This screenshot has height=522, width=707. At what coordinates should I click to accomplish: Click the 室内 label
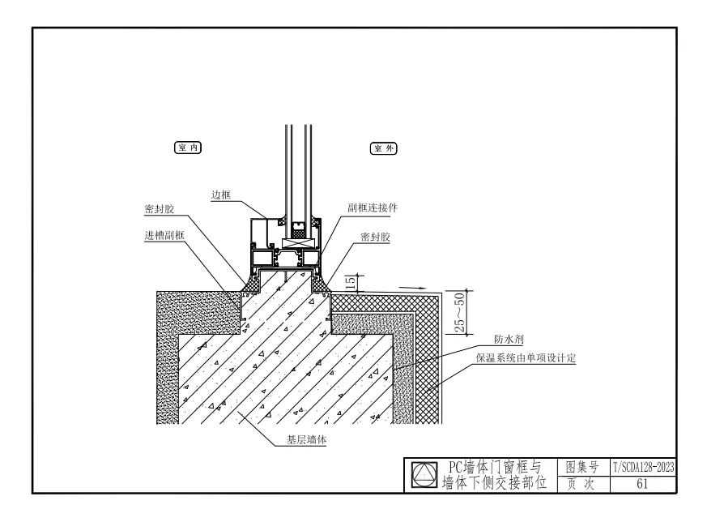[x=187, y=148]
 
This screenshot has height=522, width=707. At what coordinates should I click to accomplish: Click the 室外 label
[x=385, y=148]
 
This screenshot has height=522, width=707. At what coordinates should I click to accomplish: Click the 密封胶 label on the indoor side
[x=159, y=209]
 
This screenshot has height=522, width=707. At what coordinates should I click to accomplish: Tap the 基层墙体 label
[x=314, y=440]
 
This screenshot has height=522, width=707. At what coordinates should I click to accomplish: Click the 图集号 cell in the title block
[x=582, y=467]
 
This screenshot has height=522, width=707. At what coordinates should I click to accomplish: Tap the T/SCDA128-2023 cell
[x=641, y=467]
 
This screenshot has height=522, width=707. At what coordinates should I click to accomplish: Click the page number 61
[x=641, y=484]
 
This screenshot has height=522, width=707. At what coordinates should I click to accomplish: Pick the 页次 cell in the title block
[x=582, y=484]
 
